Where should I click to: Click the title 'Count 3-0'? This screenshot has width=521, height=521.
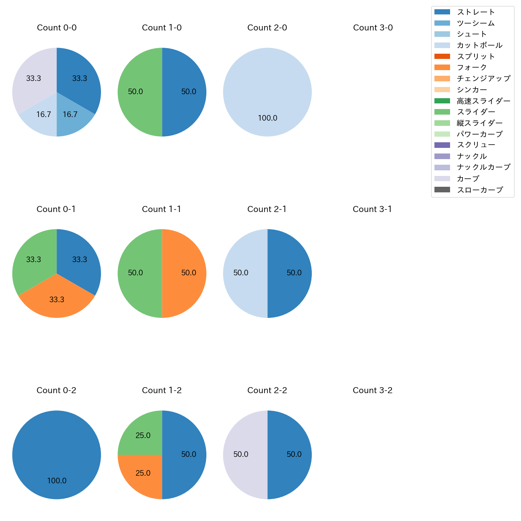(x=373, y=28)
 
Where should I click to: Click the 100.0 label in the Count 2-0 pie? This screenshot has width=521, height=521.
(x=267, y=118)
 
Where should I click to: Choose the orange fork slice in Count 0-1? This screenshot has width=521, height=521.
(x=57, y=301)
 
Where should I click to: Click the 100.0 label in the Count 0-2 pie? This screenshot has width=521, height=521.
(x=57, y=481)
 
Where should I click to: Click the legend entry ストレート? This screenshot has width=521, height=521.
(x=476, y=12)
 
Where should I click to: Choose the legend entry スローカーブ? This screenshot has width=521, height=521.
(x=480, y=190)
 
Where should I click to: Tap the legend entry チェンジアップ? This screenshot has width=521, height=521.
(x=483, y=79)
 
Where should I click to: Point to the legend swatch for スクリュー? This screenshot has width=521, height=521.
(x=442, y=145)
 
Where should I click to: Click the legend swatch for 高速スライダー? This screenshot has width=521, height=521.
(x=442, y=101)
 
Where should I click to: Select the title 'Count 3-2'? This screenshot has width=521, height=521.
(x=372, y=390)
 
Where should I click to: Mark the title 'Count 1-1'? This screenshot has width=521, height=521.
(x=162, y=209)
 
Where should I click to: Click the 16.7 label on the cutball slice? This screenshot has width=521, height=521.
(x=44, y=115)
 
